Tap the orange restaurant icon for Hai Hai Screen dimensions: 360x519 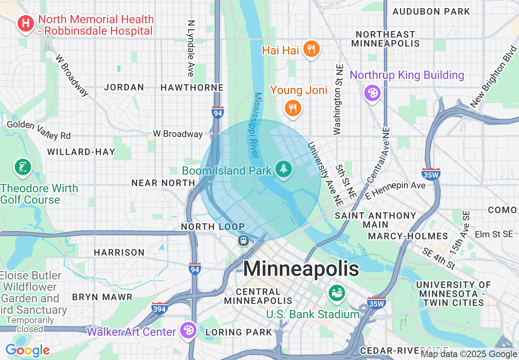click(x=311, y=49)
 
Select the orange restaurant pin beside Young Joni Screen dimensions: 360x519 click(x=293, y=108)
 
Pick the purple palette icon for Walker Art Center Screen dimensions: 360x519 click(x=188, y=331)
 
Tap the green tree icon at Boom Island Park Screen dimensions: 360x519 click(x=283, y=169)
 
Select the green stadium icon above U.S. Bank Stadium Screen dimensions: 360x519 click(x=336, y=293)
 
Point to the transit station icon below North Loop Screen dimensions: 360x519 click(x=244, y=240)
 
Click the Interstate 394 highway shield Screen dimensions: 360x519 click(x=159, y=308)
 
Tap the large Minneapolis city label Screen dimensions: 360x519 click(x=301, y=269)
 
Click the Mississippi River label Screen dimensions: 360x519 click(x=255, y=125)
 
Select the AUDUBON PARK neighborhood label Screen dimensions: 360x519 click(x=431, y=11)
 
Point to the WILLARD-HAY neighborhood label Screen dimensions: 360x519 click(x=81, y=152)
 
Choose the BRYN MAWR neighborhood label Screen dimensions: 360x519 click(x=102, y=297)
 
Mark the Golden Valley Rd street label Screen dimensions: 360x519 click(x=39, y=129)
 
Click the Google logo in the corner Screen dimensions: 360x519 click(x=27, y=350)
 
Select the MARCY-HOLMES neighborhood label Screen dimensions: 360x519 click(x=408, y=236)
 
